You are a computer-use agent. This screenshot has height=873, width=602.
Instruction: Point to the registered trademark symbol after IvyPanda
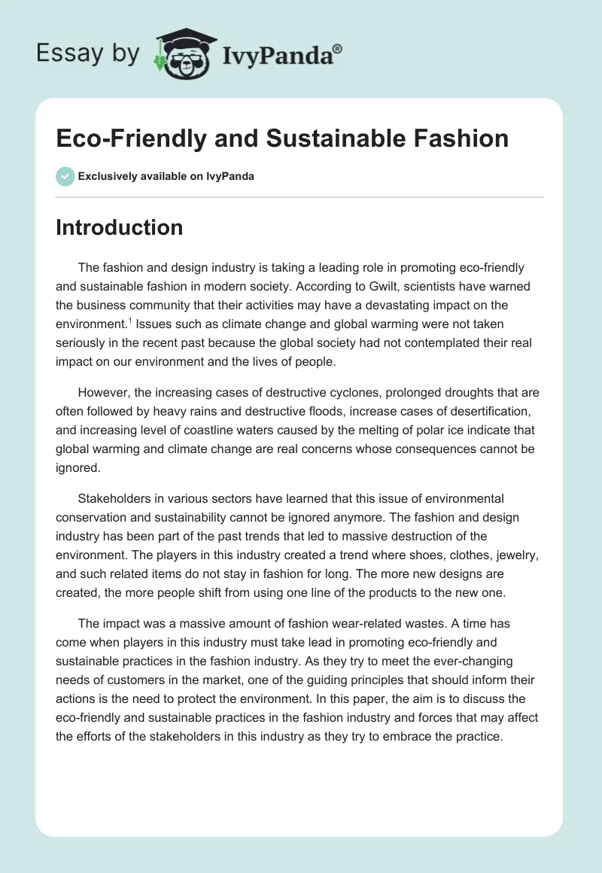[338, 48]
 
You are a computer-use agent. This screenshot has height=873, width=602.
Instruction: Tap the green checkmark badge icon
[65, 176]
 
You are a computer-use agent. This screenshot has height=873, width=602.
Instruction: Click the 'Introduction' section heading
[119, 227]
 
